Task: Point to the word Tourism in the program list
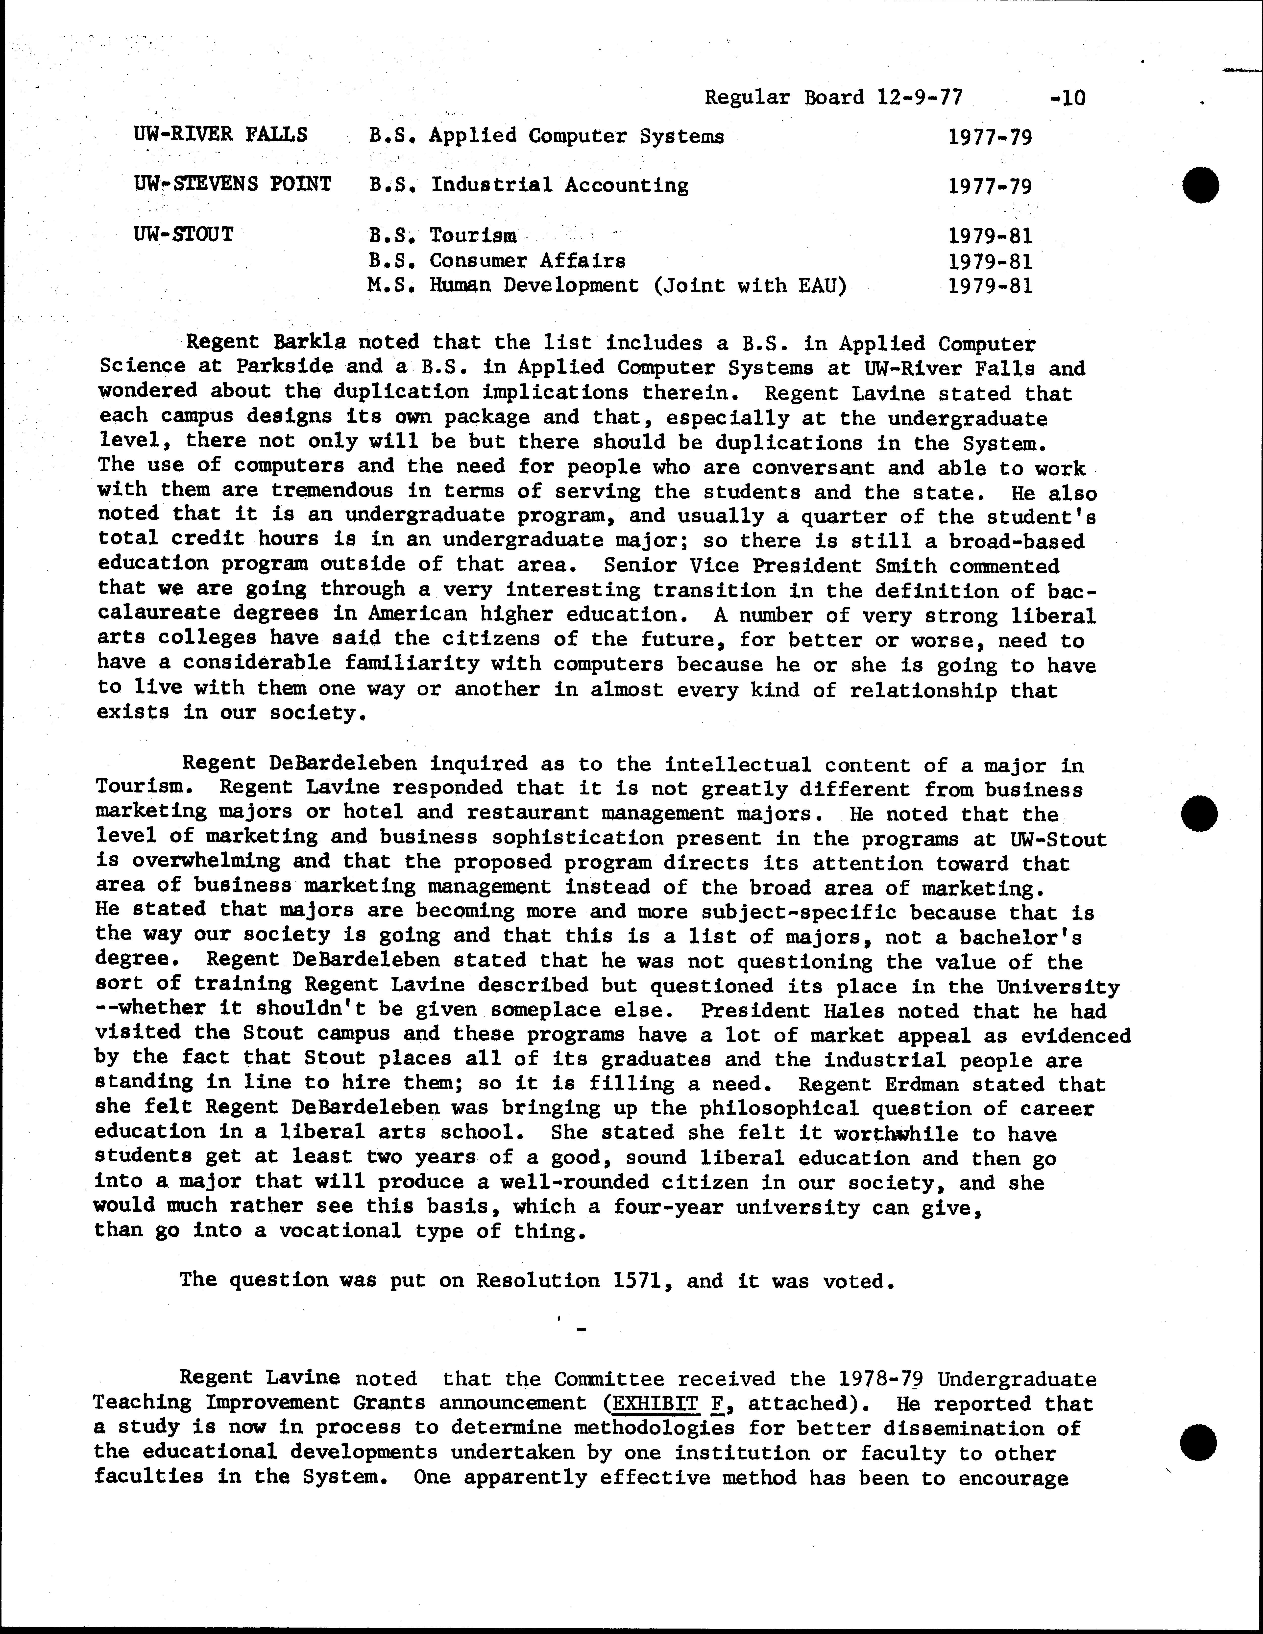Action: pos(473,236)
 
